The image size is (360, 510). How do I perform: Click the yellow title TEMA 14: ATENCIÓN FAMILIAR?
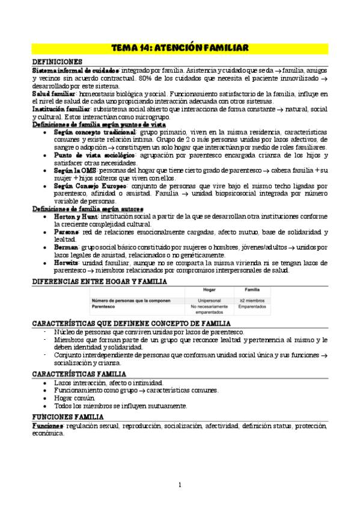coord(180,48)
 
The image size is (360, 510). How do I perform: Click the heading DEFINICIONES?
coord(58,62)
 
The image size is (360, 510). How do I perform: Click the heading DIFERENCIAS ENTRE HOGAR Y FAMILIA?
coord(100,281)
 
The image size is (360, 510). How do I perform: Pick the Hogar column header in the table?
coord(209,290)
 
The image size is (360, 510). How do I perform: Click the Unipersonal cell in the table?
coord(209,300)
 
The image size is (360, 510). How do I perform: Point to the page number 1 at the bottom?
coord(180,485)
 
